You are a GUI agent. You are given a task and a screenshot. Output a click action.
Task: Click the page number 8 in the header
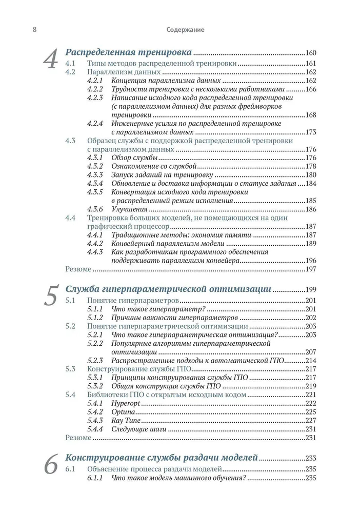tap(20, 30)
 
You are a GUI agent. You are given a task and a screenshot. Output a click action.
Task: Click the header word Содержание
tap(185, 30)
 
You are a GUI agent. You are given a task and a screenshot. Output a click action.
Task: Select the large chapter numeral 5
tap(51, 297)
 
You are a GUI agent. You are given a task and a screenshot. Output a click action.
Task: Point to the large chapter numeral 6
tap(50, 466)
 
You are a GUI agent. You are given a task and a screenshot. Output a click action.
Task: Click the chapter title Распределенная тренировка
tap(129, 52)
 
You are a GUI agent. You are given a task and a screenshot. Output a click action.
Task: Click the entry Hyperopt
tap(126, 403)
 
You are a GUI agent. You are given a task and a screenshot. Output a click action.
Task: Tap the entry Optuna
tap(123, 412)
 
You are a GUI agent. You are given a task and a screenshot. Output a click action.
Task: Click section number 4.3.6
tap(95, 209)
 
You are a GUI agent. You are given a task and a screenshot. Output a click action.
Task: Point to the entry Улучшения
tap(130, 209)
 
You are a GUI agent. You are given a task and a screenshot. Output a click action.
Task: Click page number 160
tap(312, 53)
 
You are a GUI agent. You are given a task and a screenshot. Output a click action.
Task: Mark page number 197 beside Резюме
tap(312, 269)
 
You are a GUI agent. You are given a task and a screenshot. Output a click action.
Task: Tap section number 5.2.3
tap(95, 360)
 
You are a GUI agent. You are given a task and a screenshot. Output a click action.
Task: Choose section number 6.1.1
tap(95, 478)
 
